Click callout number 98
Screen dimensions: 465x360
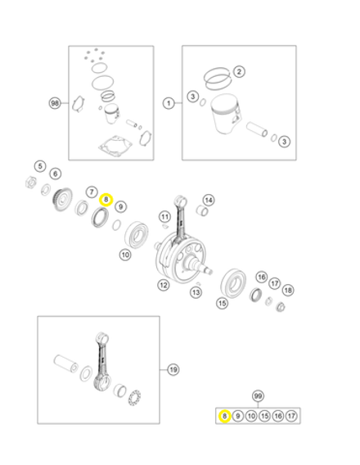click(55, 103)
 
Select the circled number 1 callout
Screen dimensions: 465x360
click(169, 103)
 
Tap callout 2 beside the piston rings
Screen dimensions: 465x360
click(239, 71)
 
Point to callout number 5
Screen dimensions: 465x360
click(39, 166)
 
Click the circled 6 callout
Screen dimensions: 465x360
click(55, 174)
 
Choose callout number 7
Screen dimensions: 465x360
click(92, 192)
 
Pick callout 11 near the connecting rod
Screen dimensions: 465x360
click(164, 217)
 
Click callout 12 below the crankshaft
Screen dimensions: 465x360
click(164, 285)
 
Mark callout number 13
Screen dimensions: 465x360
click(196, 292)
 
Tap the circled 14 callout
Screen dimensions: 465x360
click(208, 200)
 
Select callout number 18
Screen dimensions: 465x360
click(288, 291)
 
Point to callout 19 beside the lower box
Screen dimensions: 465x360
click(173, 370)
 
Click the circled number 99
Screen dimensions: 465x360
click(258, 395)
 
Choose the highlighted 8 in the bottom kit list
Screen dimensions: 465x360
click(224, 416)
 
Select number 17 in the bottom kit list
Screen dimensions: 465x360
click(290, 416)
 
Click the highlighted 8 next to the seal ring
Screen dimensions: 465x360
click(106, 199)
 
